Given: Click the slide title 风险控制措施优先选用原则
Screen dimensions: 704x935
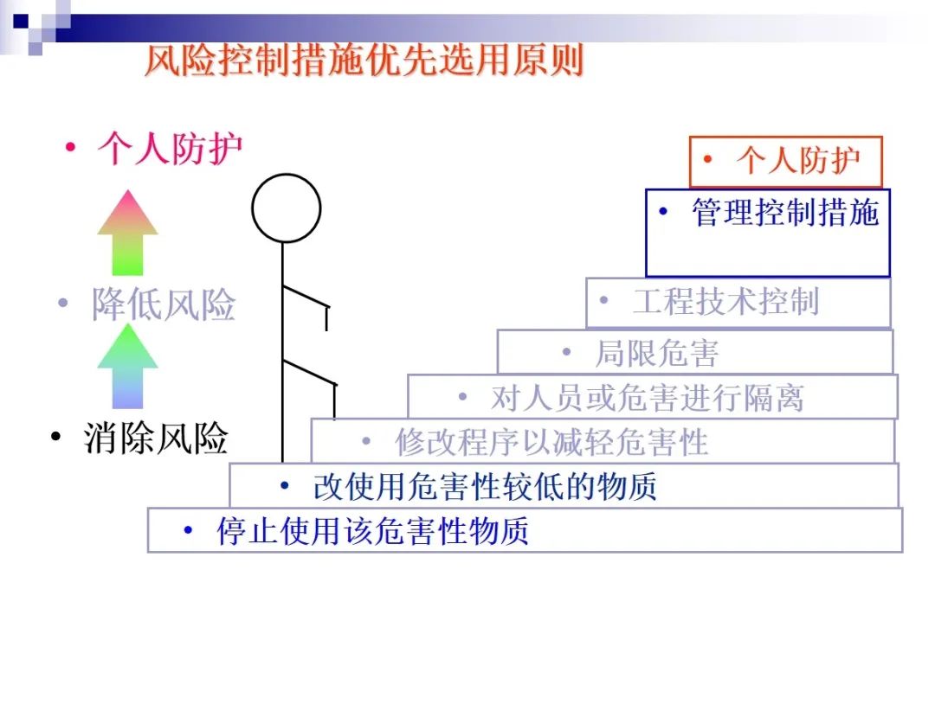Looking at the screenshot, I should (x=364, y=61).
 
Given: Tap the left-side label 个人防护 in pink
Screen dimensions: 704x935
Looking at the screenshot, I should (x=170, y=149).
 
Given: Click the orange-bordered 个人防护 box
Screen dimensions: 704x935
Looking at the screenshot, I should (x=785, y=161).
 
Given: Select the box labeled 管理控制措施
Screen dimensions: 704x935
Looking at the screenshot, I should (x=768, y=232).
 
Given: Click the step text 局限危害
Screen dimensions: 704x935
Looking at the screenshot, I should (x=656, y=353).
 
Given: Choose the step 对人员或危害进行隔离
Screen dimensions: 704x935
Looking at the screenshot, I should (x=648, y=398).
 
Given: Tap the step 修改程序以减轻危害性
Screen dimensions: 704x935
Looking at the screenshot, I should (x=551, y=442).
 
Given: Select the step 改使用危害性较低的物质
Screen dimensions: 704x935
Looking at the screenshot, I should (x=485, y=487).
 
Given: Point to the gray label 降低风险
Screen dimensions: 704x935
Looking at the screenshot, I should (x=164, y=305).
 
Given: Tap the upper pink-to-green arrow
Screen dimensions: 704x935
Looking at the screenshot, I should (x=127, y=232).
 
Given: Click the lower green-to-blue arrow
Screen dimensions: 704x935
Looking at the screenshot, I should (x=127, y=365).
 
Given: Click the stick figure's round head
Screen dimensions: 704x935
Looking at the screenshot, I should (x=286, y=208).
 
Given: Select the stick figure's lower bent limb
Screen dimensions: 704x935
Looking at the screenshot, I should (x=310, y=372).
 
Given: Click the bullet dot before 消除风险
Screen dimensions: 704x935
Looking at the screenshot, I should (x=56, y=438).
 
